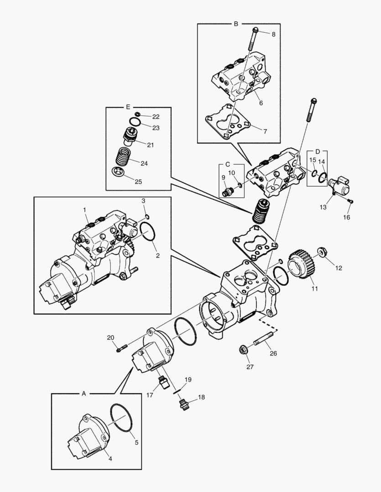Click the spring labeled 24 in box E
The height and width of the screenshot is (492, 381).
pos(121,158)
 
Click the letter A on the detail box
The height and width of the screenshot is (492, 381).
pos(84,392)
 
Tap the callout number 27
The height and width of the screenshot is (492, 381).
pos(250,366)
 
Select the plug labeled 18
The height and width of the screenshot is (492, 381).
pos(183,403)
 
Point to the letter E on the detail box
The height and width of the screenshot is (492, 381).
pos(128,107)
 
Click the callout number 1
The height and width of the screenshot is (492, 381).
pos(84,209)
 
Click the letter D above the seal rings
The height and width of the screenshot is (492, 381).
pos(318,151)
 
